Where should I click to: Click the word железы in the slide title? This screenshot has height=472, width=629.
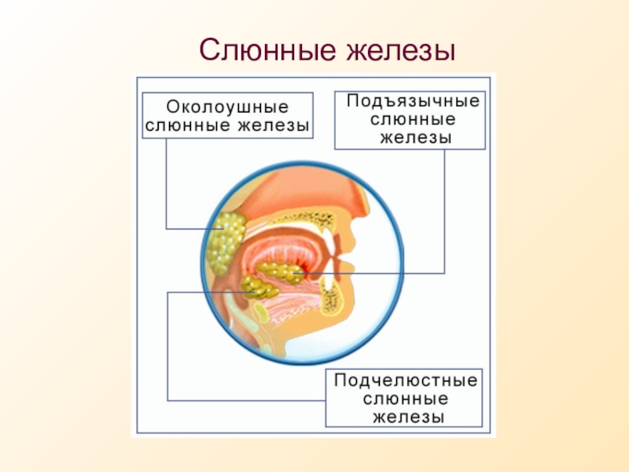point(401,51)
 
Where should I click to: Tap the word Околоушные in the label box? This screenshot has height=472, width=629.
point(227,107)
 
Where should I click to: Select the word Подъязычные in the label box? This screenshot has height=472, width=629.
point(414,101)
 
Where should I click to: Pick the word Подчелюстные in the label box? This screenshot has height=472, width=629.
point(406,381)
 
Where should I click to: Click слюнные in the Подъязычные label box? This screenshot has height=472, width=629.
point(413,120)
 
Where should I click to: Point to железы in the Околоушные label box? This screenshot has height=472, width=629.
point(274,126)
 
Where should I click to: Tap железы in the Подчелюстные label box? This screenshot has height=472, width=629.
point(408,418)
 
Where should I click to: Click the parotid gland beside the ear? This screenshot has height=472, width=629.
point(225,242)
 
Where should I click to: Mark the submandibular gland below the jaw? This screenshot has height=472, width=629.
point(259,287)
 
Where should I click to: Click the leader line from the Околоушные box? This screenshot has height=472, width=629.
point(167,184)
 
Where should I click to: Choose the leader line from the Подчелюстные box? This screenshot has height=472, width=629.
point(167,346)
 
